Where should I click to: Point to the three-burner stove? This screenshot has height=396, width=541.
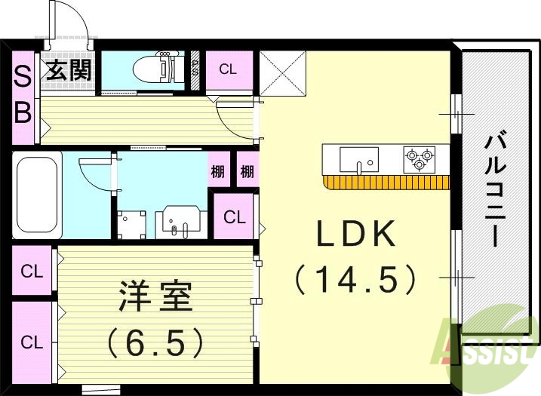(420, 159)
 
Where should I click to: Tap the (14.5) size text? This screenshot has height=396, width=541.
(355, 280)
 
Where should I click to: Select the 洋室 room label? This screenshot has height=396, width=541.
(155, 297)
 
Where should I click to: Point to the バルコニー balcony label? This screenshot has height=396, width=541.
(495, 189)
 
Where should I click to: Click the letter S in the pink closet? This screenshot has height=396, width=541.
(23, 75)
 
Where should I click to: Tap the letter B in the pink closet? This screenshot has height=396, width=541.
(23, 112)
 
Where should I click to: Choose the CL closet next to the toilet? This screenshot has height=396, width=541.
(227, 69)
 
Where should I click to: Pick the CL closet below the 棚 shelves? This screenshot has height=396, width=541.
(234, 217)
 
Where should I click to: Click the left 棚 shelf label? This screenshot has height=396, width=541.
(218, 171)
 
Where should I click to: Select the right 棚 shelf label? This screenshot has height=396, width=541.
(247, 171)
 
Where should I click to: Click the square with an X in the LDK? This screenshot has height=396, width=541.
(283, 73)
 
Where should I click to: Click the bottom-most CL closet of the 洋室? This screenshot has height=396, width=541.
(31, 342)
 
